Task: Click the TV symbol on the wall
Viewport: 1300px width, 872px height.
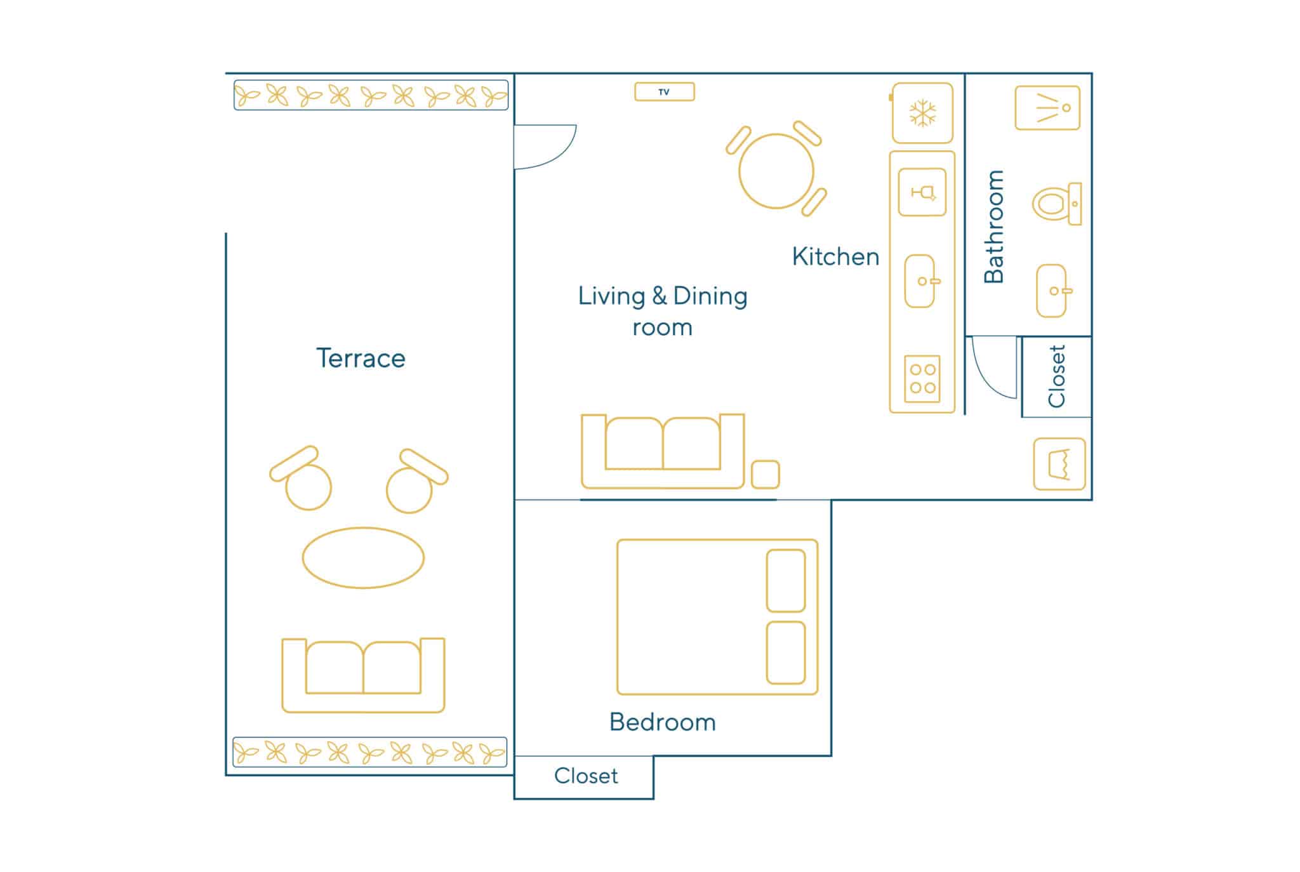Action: coord(664,92)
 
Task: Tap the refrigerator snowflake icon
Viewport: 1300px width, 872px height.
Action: coord(922,114)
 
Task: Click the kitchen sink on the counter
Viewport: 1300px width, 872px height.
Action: coord(920,281)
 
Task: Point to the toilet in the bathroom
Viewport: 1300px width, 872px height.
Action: coord(1056,204)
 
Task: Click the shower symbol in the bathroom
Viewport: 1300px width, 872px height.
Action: coord(1047,108)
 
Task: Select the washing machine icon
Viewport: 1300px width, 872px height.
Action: coord(1059,464)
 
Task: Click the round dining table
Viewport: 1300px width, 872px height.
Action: coord(776,171)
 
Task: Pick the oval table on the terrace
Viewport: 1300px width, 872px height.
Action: coord(363,558)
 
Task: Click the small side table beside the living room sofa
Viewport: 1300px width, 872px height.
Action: coord(766,475)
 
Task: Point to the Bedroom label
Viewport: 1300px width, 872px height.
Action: coord(663,722)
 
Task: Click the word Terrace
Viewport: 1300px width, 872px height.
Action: coord(361,359)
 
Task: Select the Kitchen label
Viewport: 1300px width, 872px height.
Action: coord(835,257)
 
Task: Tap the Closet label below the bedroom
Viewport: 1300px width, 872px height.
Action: coord(586,776)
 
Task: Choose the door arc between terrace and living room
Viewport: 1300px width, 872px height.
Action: coord(564,157)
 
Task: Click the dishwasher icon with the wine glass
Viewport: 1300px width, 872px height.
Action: coord(922,192)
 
